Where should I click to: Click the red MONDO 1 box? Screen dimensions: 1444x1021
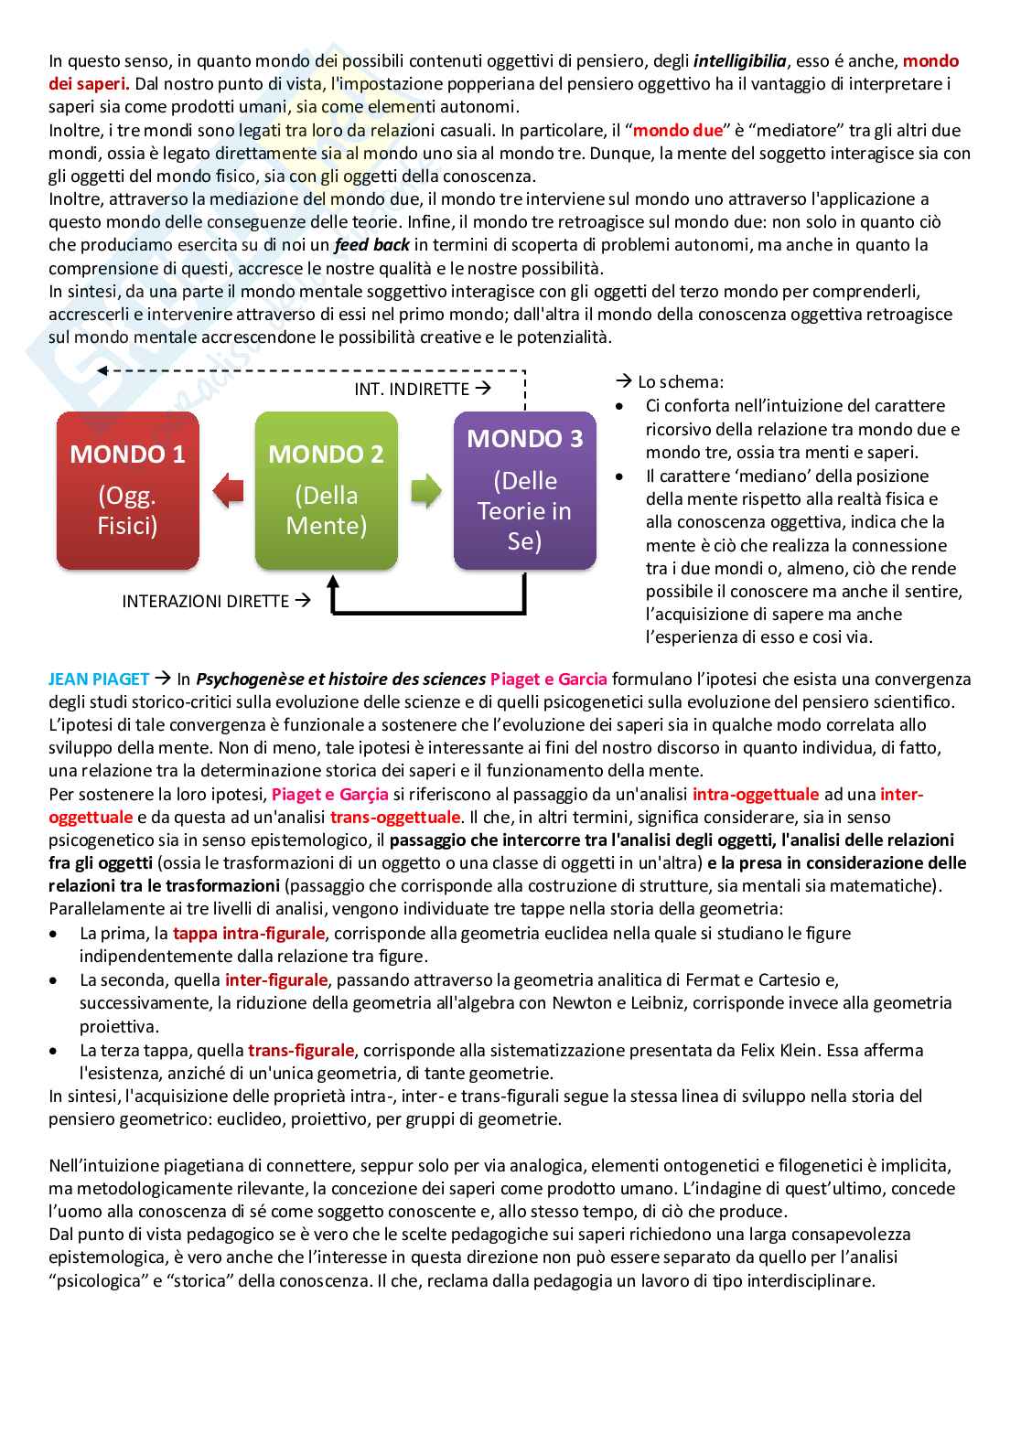point(128,490)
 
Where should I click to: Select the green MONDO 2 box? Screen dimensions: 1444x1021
point(326,490)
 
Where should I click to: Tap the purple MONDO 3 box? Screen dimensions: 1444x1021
point(524,490)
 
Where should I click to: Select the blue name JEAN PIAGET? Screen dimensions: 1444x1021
point(99,679)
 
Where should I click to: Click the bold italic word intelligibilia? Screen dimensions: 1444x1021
point(740,61)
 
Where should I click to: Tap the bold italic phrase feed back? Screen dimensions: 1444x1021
point(372,244)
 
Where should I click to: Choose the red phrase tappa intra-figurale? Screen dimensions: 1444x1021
point(249,933)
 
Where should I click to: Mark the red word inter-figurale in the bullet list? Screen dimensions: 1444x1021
point(276,979)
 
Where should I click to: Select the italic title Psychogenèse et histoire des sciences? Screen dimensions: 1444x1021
point(341,679)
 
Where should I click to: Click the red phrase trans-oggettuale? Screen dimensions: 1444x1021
point(395,817)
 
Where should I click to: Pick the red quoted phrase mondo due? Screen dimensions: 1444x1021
point(677,131)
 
